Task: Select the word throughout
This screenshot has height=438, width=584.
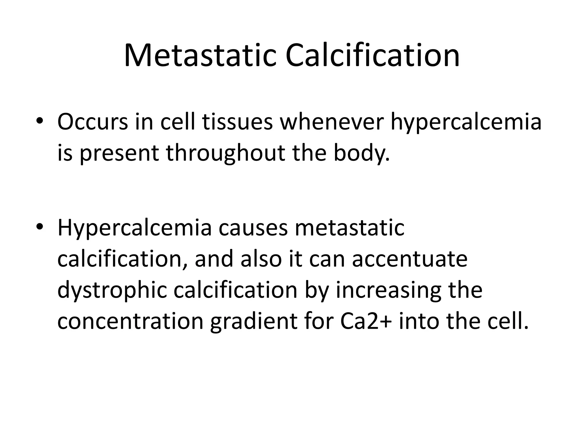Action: point(226,153)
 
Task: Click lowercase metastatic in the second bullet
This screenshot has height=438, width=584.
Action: point(349,228)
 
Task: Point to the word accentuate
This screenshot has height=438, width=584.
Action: point(410,259)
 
